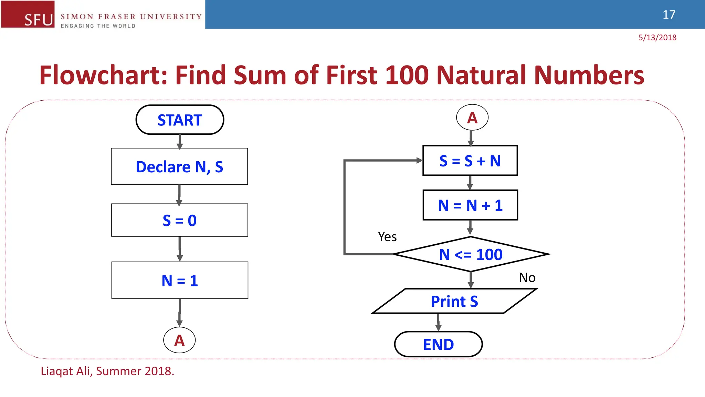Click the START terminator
180,120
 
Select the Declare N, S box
179,166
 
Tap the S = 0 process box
179,220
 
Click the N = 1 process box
180,280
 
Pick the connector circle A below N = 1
179,340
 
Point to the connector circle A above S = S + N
472,118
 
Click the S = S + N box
470,161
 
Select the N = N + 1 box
470,205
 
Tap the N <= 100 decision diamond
471,254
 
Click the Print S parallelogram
454,301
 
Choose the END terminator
438,344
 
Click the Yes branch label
387,237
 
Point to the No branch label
527,277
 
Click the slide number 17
669,14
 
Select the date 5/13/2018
657,38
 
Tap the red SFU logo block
28,14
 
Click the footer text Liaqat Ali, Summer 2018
107,371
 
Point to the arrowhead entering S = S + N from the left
419,161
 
